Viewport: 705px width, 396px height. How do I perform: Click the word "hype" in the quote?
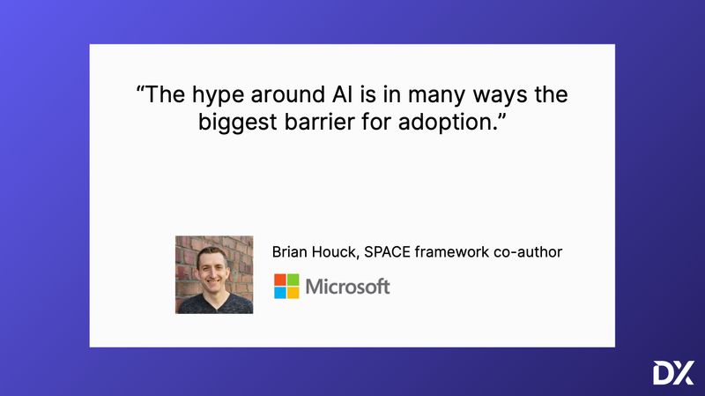pyautogui.click(x=209, y=95)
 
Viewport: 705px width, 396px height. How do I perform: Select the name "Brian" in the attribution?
pyautogui.click(x=291, y=252)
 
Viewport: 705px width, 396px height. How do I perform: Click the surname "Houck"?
pyautogui.click(x=338, y=252)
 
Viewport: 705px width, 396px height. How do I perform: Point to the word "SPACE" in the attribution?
pyautogui.click(x=391, y=252)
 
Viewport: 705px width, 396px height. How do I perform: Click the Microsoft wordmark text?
pyautogui.click(x=347, y=287)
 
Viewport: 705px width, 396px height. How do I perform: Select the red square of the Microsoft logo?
pyautogui.click(x=280, y=280)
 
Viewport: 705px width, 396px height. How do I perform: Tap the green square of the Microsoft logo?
pyautogui.click(x=293, y=280)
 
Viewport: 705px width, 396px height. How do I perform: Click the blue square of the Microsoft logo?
pyautogui.click(x=280, y=293)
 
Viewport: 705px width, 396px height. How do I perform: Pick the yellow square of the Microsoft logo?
pyautogui.click(x=293, y=293)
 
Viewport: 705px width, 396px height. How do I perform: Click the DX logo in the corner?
pyautogui.click(x=673, y=373)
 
